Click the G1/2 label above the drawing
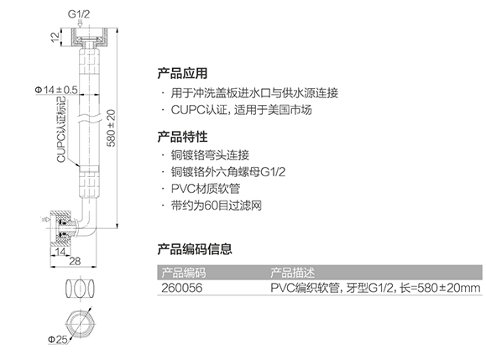coord(79,14)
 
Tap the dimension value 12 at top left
coord(55,37)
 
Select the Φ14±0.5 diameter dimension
coord(56,90)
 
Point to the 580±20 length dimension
coord(111,128)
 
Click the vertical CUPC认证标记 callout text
coord(61,130)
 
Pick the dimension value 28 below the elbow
coord(75,261)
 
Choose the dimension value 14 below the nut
coord(60,251)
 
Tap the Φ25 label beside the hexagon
coord(58,339)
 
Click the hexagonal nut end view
coord(81,324)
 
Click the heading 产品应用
coord(182,73)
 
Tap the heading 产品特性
coord(182,137)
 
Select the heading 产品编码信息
coord(195,248)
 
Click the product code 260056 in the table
coord(181,288)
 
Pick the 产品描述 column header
coord(292,273)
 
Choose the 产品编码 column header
coord(184,273)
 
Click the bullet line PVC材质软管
coord(206,189)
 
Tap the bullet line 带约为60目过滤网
coord(217,206)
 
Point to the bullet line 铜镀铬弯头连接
coord(210,155)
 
